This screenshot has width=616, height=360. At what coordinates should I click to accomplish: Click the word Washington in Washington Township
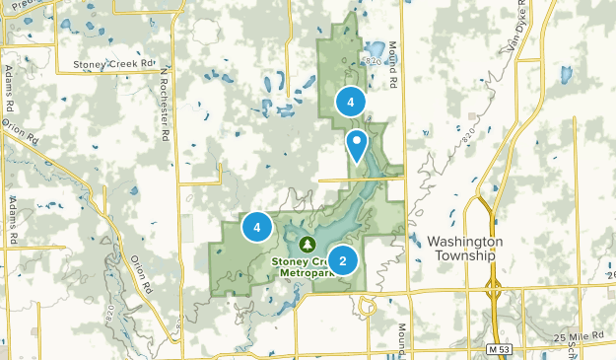coord(464,241)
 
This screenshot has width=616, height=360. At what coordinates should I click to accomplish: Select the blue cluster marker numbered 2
coord(342,260)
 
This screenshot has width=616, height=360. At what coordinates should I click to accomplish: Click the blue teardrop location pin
coord(357,146)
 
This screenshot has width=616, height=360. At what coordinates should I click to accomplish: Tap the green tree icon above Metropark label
coord(307,243)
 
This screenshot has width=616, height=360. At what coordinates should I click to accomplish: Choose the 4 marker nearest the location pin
coord(350,101)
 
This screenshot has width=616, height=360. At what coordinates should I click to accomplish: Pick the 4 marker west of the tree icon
coord(257,228)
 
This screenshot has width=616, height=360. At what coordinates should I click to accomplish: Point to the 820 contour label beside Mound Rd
coord(371,61)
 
